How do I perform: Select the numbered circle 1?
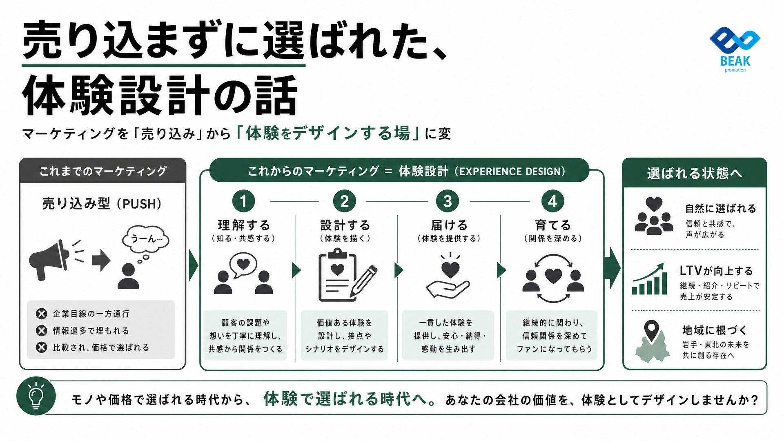pyautogui.click(x=243, y=201)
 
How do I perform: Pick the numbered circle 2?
pyautogui.click(x=345, y=201)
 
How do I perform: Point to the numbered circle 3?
pyautogui.click(x=448, y=201)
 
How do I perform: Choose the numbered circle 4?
pyautogui.click(x=552, y=201)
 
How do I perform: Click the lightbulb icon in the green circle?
pyautogui.click(x=36, y=396)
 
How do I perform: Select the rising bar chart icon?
pyautogui.click(x=649, y=279)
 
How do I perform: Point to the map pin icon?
pyautogui.click(x=652, y=332)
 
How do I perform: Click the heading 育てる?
pyautogui.click(x=553, y=225)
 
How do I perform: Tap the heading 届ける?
pyautogui.click(x=449, y=225)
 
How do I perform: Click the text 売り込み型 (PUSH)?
pyautogui.click(x=102, y=203)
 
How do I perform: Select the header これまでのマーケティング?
pyautogui.click(x=103, y=171)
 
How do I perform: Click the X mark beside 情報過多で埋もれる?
pyautogui.click(x=41, y=330)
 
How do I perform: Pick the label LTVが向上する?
pyautogui.click(x=716, y=271)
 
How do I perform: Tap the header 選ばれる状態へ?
pyautogui.click(x=695, y=173)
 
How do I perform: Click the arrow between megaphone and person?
pyautogui.click(x=101, y=260)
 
